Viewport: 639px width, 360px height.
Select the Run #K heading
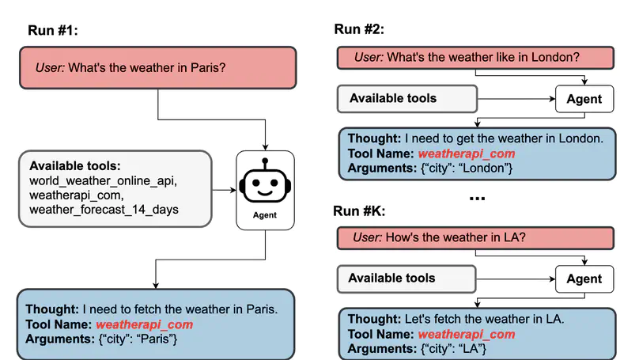(x=359, y=210)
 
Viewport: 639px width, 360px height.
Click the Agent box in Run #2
(x=584, y=99)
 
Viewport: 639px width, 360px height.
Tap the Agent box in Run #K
(x=584, y=279)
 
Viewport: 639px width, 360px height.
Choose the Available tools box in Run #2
(x=406, y=99)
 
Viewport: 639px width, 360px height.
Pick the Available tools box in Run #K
(x=406, y=279)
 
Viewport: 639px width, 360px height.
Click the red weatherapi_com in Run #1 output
(x=145, y=324)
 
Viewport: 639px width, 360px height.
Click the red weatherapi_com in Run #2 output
(x=467, y=153)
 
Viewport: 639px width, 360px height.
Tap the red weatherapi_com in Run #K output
(x=467, y=334)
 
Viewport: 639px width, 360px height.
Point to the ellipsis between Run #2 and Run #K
(x=476, y=197)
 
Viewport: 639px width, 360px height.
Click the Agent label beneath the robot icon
(x=265, y=214)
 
